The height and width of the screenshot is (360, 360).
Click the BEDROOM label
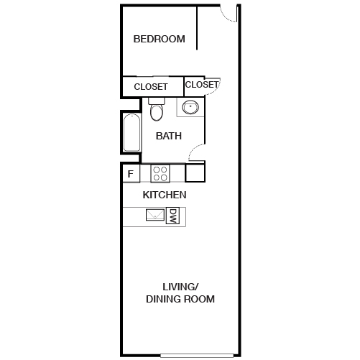click(159, 40)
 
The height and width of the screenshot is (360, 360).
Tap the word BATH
click(169, 135)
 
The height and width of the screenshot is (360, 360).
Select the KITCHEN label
click(165, 195)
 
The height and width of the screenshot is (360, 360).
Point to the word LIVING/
click(180, 287)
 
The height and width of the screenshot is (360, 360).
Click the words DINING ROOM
click(180, 299)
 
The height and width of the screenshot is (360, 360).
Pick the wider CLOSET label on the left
click(151, 87)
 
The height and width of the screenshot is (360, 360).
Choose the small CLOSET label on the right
click(202, 85)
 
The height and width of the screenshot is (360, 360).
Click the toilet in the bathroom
click(158, 113)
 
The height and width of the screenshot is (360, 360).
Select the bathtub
click(131, 134)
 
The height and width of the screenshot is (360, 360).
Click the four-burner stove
click(160, 173)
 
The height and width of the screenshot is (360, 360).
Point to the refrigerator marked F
click(131, 173)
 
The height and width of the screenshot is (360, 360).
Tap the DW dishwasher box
click(172, 216)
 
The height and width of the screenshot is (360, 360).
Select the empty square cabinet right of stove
click(195, 173)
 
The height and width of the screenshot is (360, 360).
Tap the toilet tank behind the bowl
click(157, 101)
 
